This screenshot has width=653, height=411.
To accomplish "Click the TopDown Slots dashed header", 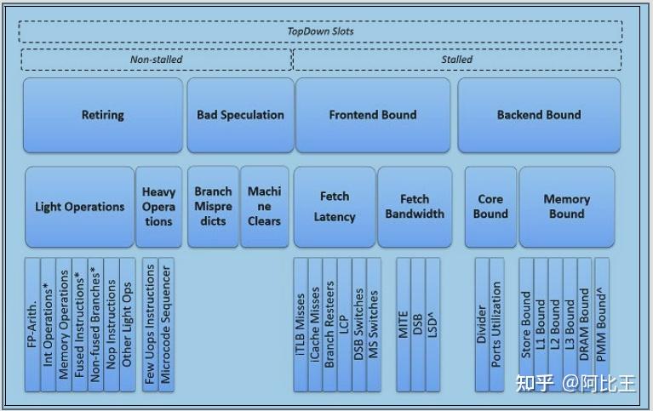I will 319,31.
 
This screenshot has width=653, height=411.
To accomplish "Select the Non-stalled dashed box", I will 156,60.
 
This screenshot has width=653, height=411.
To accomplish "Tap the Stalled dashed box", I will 456,60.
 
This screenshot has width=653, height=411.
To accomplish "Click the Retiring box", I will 102,115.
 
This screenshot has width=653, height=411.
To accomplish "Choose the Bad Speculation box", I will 240,115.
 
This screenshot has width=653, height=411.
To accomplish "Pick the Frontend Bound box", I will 372,115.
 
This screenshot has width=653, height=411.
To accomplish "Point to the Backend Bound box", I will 539,115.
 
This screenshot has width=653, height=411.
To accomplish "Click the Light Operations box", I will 79,207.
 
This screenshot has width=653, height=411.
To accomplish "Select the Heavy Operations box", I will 158,207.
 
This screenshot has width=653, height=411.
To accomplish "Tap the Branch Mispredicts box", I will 213,207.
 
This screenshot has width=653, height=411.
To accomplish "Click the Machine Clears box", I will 264,207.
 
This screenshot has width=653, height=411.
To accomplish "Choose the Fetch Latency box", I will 334,207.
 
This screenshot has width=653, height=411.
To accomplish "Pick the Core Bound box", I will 490,207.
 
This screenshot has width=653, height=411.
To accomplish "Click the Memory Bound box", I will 566,207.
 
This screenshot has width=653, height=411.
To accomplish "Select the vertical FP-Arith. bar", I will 32,323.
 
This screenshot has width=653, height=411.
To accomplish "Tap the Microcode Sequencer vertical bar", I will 166,323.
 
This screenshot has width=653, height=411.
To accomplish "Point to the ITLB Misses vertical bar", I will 301,323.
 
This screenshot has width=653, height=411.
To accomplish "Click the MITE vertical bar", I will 404,323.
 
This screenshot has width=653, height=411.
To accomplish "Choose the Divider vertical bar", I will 482,323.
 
